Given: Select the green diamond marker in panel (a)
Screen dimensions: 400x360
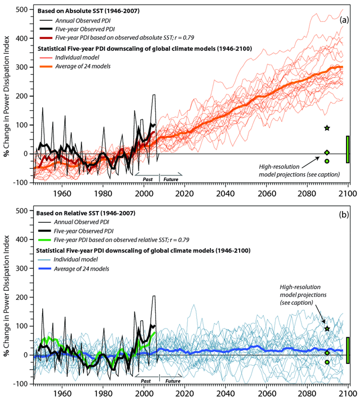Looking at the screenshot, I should tap(327, 152).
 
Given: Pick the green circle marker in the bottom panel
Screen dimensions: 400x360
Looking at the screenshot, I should tap(327, 362).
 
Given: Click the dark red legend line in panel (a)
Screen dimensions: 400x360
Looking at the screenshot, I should tap(52, 39).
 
